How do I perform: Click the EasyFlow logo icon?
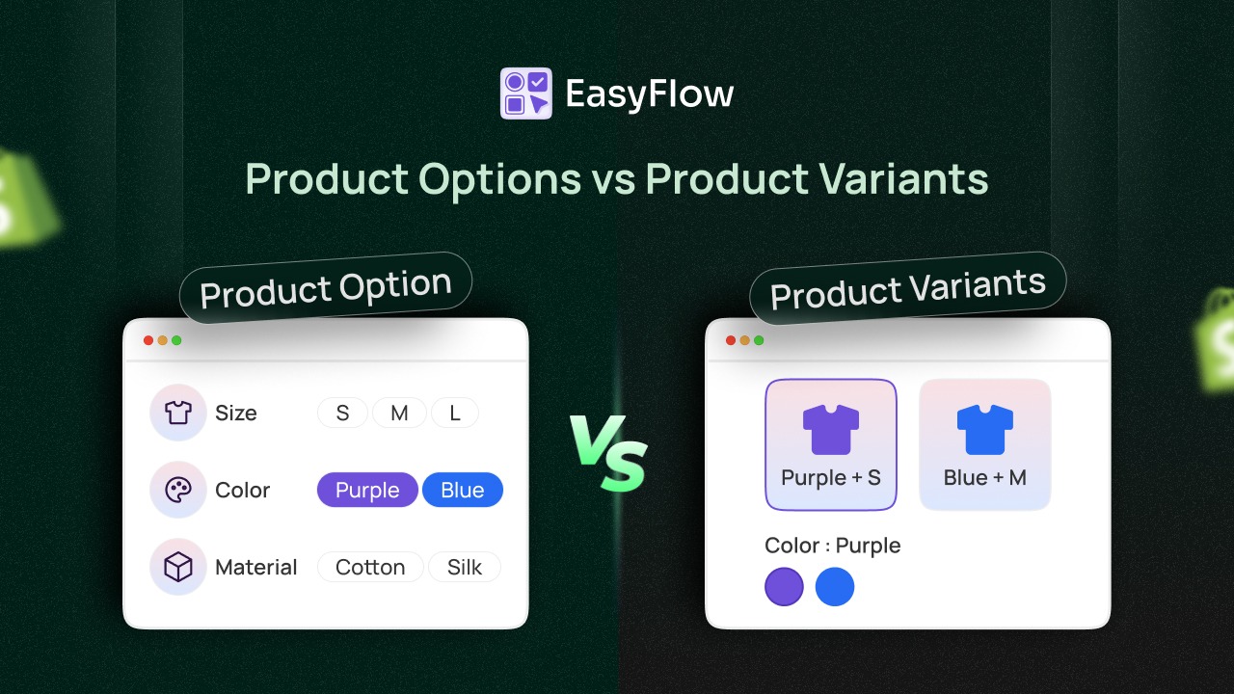(x=525, y=93)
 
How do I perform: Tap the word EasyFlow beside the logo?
(x=649, y=94)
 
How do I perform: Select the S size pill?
(x=342, y=414)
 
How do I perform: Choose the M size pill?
(x=399, y=414)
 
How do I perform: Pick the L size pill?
(x=455, y=414)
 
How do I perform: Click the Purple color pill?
(x=367, y=490)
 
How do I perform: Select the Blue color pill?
(x=463, y=490)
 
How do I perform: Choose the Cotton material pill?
(x=370, y=567)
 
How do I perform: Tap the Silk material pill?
(x=465, y=567)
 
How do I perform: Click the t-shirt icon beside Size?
(x=178, y=413)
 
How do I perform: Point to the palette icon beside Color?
(x=178, y=490)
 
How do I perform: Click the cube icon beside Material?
(x=178, y=567)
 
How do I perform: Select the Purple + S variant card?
(x=831, y=444)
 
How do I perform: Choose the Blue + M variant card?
(x=984, y=444)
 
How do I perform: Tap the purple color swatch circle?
(x=784, y=587)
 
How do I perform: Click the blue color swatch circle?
(x=835, y=587)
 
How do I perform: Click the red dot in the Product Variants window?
(x=731, y=340)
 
